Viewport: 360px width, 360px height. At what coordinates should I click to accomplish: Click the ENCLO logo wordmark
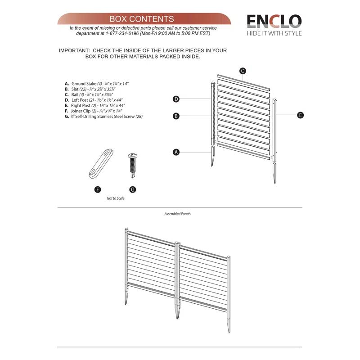(274, 21)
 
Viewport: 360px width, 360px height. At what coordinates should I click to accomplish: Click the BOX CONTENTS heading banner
(142, 19)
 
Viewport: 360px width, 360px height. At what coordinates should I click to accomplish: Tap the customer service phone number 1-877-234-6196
(122, 33)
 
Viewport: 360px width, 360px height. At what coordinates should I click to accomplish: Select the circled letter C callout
(242, 71)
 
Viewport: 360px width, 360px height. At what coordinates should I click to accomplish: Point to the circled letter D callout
(176, 99)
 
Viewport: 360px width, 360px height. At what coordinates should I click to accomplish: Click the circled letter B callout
(176, 116)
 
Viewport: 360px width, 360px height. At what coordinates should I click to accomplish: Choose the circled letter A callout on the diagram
(176, 152)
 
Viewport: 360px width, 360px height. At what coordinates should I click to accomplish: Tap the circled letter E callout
(300, 115)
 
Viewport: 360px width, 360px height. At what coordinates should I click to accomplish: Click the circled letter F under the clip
(98, 189)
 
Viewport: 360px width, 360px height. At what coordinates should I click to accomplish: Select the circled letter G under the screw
(132, 189)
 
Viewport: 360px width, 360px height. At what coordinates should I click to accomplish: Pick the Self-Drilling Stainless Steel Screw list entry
(107, 116)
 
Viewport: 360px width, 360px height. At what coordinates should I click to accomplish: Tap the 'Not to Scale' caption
(116, 198)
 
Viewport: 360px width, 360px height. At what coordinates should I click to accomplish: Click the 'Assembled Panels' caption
(177, 214)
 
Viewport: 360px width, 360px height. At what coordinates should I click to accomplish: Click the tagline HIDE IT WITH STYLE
(274, 33)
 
